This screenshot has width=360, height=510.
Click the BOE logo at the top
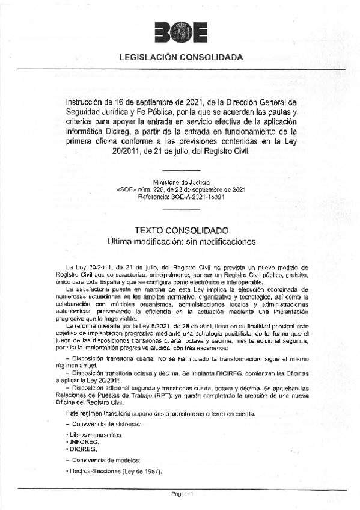pos(180,33)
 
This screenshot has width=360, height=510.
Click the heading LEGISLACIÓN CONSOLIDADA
pos(180,58)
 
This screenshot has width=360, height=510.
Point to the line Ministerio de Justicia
pos(180,182)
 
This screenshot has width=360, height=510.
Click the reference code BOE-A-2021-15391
pos(181,197)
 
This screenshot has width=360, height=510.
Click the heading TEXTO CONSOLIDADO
pos(180,230)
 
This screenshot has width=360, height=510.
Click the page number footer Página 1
pos(180,494)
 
